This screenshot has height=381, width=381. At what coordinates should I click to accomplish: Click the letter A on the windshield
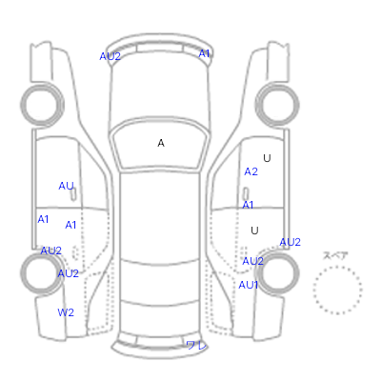(x=161, y=144)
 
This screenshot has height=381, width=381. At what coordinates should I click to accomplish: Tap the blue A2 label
(x=251, y=171)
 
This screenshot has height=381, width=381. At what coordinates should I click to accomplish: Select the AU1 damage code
(x=248, y=285)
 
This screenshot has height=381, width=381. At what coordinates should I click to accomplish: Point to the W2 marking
(x=66, y=312)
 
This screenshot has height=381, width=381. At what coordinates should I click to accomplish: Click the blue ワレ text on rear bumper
(x=196, y=346)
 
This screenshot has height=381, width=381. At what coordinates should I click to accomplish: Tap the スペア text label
(x=335, y=255)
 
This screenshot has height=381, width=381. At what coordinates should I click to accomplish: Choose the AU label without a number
(x=66, y=186)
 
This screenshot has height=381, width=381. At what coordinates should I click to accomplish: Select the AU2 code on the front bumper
(x=110, y=56)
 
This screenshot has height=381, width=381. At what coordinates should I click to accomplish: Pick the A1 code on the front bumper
(x=204, y=53)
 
